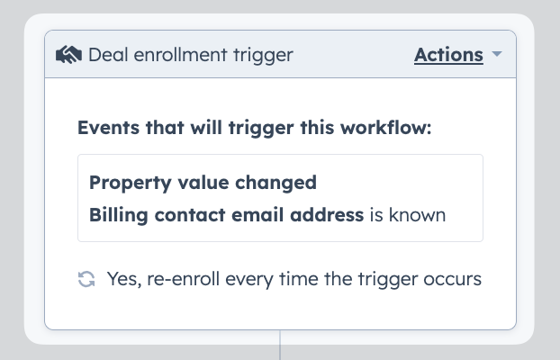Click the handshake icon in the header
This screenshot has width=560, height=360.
click(x=68, y=55)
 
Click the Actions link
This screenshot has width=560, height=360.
click(x=448, y=55)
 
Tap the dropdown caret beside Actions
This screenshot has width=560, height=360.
click(x=497, y=54)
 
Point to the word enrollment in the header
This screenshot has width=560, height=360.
click(x=180, y=55)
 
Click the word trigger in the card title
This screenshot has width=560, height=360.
click(x=263, y=56)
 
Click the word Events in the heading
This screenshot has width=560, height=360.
click(x=109, y=128)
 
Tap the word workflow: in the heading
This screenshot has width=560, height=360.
click(x=385, y=128)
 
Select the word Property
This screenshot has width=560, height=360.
click(x=131, y=184)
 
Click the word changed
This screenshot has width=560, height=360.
click(x=275, y=183)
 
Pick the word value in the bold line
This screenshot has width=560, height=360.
click(x=203, y=183)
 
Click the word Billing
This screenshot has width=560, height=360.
click(x=119, y=215)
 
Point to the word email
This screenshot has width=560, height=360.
click(x=257, y=214)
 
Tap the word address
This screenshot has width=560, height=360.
click(x=327, y=214)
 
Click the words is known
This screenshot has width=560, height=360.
click(x=408, y=214)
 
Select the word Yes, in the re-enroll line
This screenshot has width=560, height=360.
click(x=124, y=279)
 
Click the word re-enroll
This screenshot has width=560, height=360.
click(x=183, y=279)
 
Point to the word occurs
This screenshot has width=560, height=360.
click(x=453, y=279)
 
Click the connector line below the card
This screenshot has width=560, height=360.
click(x=280, y=345)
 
